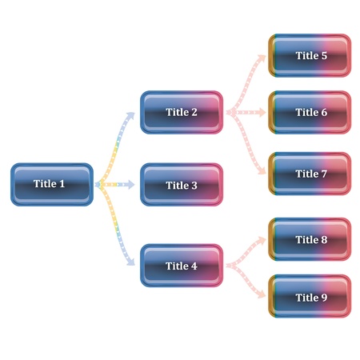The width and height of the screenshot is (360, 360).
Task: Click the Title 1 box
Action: tap(52, 184)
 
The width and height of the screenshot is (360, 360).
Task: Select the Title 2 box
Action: tap(182, 112)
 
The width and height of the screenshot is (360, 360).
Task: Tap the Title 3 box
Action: tap(182, 185)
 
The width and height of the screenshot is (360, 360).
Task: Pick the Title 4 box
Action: tap(182, 266)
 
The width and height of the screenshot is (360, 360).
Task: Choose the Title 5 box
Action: tap(310, 55)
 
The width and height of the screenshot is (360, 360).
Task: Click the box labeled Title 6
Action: tap(310, 112)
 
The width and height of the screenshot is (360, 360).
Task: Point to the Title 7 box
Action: tap(310, 174)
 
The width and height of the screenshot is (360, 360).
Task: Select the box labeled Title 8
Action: tap(310, 239)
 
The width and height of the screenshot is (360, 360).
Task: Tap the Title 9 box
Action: tap(310, 297)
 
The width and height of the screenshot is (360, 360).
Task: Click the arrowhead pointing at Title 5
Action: tap(262, 58)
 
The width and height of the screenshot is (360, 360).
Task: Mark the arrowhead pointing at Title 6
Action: tap(262, 112)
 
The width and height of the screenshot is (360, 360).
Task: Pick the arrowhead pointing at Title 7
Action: tap(262, 170)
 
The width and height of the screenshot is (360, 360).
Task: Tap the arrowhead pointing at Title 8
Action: tap(262, 242)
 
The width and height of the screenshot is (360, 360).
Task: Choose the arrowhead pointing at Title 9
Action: tap(262, 294)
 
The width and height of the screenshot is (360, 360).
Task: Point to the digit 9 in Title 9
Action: tap(323, 298)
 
